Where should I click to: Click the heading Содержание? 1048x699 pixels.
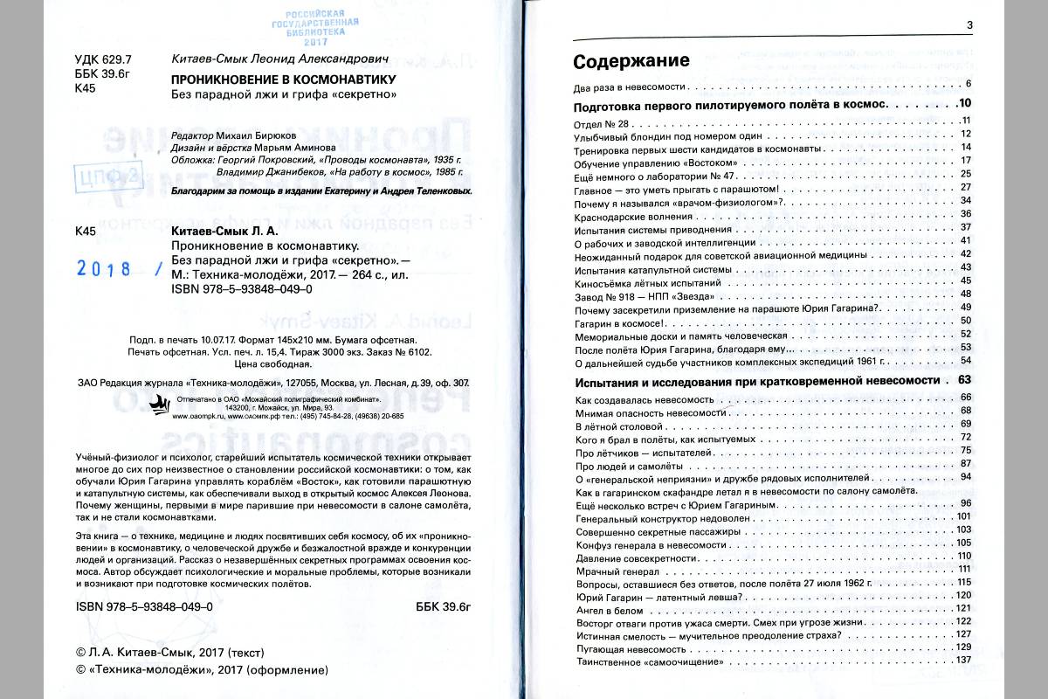point(631,61)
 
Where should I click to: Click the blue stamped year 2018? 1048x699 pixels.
point(104,269)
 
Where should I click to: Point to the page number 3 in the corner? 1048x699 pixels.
point(969,24)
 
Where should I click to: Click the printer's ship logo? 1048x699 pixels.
point(162,405)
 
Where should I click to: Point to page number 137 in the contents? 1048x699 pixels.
point(964,660)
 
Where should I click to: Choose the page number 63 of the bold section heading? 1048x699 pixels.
point(964,380)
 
